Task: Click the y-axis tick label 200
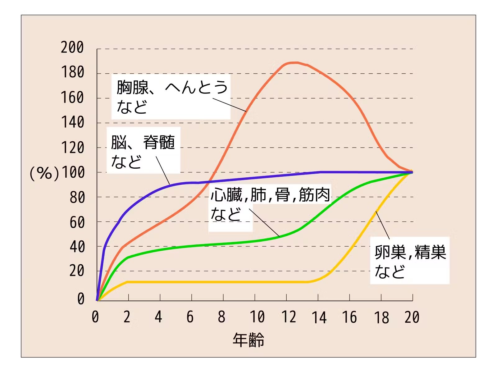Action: click(x=72, y=48)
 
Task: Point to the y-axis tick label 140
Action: click(x=72, y=122)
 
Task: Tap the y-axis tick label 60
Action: click(x=77, y=222)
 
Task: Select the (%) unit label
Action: click(x=44, y=173)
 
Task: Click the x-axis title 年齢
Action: click(x=248, y=339)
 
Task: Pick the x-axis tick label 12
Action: click(x=289, y=317)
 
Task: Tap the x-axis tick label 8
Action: click(x=221, y=317)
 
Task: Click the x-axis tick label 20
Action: click(x=412, y=317)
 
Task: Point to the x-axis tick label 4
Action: click(x=158, y=317)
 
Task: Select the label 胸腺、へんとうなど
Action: click(x=171, y=97)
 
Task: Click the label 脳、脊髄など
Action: click(x=143, y=151)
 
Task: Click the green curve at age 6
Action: click(x=192, y=246)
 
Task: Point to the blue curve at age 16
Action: click(x=349, y=172)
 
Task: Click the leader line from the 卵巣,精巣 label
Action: click(x=382, y=225)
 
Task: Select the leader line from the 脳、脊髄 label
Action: click(x=163, y=171)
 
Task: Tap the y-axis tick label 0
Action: click(x=81, y=298)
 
